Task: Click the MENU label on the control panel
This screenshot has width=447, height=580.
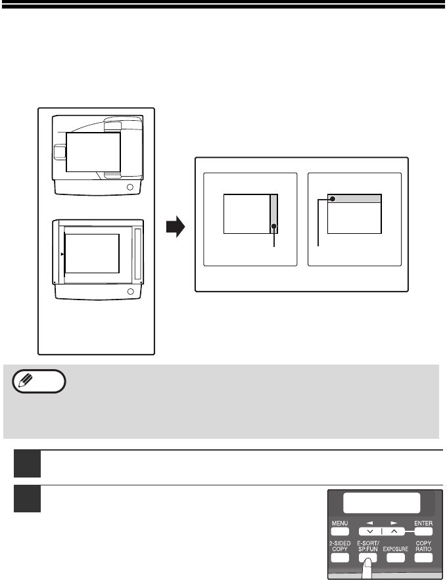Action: pyautogui.click(x=340, y=523)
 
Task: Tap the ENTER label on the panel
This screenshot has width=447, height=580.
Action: pyautogui.click(x=423, y=523)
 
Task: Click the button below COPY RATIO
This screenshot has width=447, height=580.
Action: pyautogui.click(x=423, y=558)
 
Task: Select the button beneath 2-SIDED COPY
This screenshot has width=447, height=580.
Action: pyautogui.click(x=340, y=558)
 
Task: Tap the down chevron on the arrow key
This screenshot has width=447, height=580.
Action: pyautogui.click(x=370, y=531)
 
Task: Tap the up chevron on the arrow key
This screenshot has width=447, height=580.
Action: pyautogui.click(x=394, y=531)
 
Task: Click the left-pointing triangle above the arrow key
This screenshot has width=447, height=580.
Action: pyautogui.click(x=369, y=523)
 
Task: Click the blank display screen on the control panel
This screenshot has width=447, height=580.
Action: pyautogui.click(x=381, y=502)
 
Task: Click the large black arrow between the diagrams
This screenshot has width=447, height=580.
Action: pyautogui.click(x=176, y=227)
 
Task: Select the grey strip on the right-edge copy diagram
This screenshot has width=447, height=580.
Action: pyautogui.click(x=274, y=213)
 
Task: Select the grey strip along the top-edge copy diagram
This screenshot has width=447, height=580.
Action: pyautogui.click(x=354, y=198)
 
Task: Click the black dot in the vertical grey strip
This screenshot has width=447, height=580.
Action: pyautogui.click(x=274, y=227)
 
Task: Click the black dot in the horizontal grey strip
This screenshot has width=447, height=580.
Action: pyautogui.click(x=333, y=199)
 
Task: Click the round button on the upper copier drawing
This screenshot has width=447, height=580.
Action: pyautogui.click(x=130, y=187)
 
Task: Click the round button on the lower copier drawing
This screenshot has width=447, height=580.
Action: pyautogui.click(x=130, y=292)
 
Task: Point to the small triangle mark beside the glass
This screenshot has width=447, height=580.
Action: pyautogui.click(x=62, y=254)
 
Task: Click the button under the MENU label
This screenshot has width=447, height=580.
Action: pyautogui.click(x=340, y=532)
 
